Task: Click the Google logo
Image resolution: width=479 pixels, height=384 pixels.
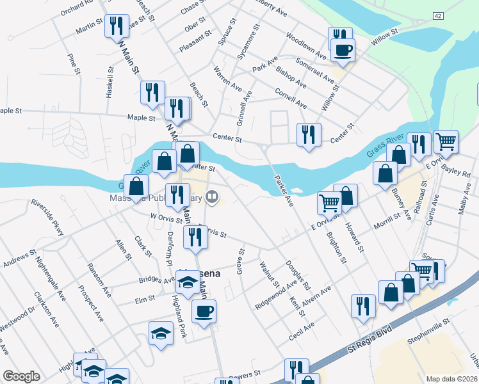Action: click(x=21, y=376)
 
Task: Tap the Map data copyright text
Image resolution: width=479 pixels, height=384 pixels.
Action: click(x=452, y=378)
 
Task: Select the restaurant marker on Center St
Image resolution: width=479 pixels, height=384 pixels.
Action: click(x=309, y=134)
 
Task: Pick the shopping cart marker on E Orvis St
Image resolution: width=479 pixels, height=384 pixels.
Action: click(x=329, y=203)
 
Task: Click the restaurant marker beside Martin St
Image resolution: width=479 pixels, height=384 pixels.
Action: click(x=116, y=26)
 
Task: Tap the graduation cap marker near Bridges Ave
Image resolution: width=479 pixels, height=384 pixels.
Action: click(x=188, y=282)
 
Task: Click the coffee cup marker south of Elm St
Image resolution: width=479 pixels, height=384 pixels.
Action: click(x=204, y=312)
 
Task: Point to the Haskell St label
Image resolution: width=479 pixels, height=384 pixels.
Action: click(x=110, y=79)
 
